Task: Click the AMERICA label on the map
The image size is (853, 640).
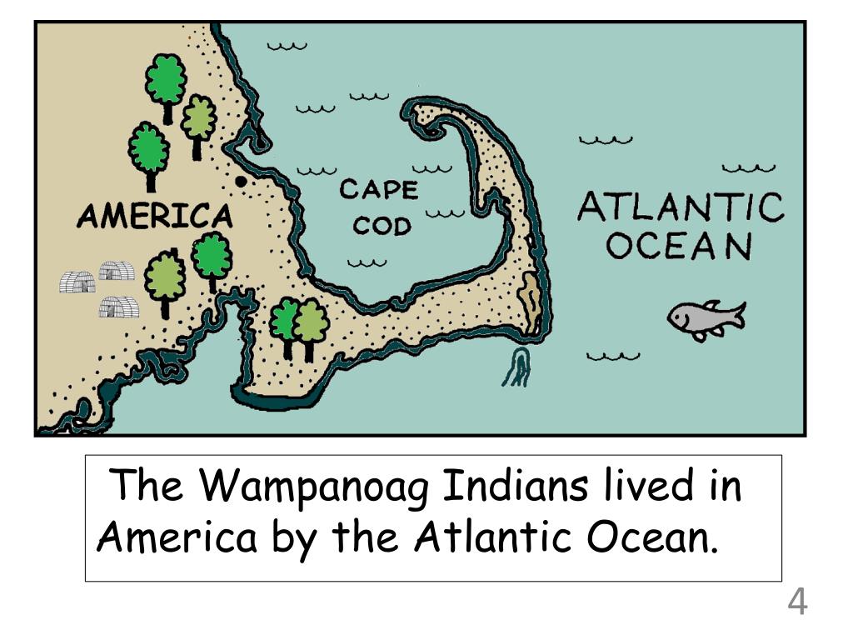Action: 154,217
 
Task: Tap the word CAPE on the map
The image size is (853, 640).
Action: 378,190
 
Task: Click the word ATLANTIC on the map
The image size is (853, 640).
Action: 681,207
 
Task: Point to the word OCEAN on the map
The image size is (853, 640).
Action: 679,246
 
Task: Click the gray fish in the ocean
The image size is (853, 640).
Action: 704,318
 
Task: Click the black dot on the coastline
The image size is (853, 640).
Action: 241,181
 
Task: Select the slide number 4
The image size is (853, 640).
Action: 797,602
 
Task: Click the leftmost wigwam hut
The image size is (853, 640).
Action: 77,282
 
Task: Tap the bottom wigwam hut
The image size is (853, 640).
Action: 118,307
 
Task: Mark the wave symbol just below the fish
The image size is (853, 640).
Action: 613,357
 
